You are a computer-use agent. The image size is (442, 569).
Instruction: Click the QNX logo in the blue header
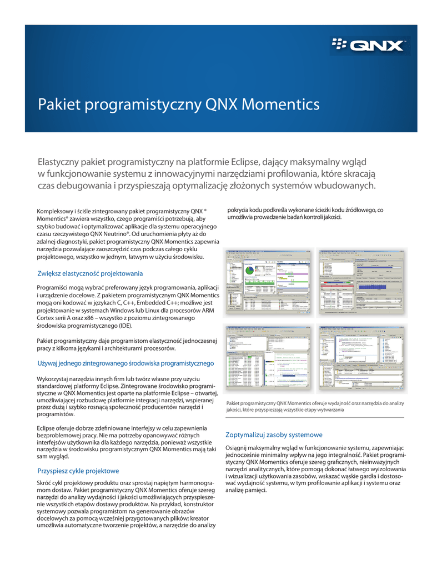click(369, 44)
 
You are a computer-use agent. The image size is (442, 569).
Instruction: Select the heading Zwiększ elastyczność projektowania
click(90, 273)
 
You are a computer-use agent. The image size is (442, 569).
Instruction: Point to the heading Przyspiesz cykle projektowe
click(78, 471)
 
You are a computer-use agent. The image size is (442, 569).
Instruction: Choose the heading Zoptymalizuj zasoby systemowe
click(274, 435)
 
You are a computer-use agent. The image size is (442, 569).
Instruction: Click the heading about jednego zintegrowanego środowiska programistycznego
click(125, 363)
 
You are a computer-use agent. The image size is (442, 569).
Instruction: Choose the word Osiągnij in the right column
click(239, 448)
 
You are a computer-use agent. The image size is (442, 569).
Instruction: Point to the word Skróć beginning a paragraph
click(44, 484)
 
